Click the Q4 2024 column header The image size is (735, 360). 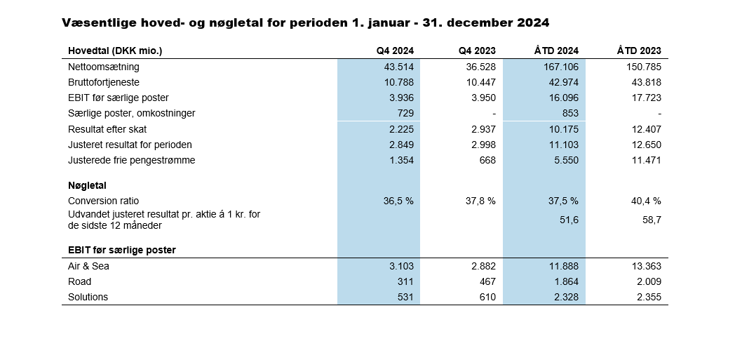point(395,51)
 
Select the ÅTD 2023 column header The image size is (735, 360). point(639,51)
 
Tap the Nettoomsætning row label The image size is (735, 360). point(104,67)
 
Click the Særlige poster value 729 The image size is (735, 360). point(405,113)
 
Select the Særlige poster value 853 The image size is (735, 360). point(569,113)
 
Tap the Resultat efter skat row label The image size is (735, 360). point(107,129)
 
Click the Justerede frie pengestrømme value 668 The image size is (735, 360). point(487,160)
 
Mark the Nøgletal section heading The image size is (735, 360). point(87,185)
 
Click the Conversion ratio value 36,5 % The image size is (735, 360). point(398,201)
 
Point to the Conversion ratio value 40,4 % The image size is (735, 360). point(646,201)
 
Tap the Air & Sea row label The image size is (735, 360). point(88,266)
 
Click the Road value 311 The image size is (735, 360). point(405,281)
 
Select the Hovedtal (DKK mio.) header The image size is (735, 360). point(115,51)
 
